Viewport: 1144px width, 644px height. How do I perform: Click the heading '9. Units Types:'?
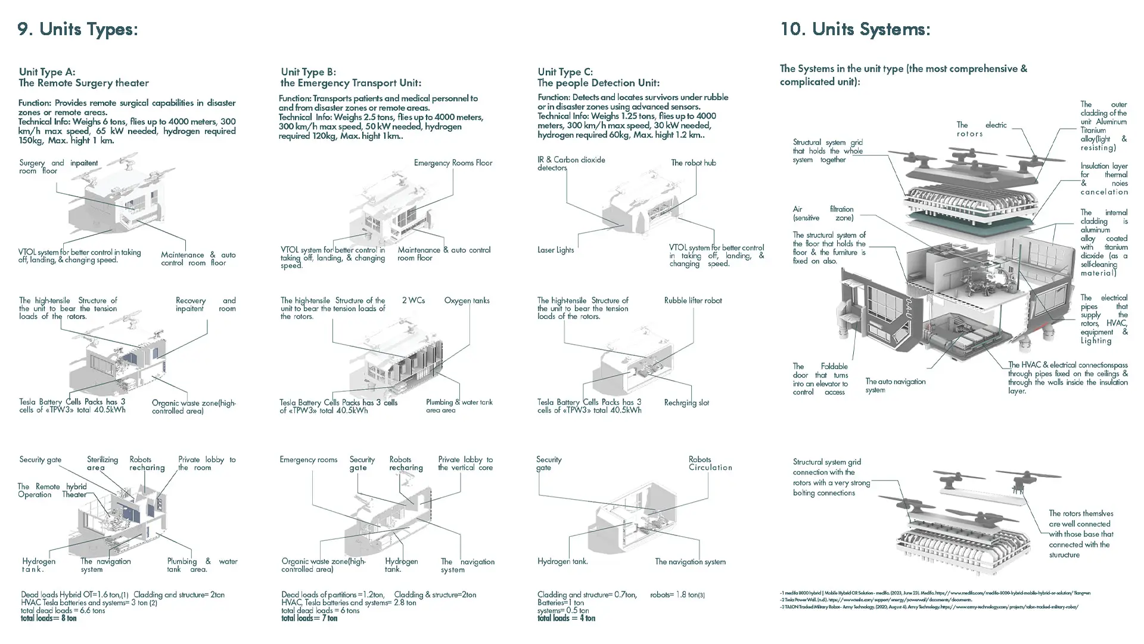tap(77, 29)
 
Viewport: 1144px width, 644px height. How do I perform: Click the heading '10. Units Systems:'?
tap(855, 29)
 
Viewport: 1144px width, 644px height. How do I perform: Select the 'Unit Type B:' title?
tap(308, 72)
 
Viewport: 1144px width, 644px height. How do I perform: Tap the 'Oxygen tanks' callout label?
tap(467, 301)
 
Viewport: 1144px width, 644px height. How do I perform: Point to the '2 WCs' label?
tap(413, 301)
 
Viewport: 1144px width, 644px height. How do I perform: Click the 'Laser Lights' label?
tap(555, 250)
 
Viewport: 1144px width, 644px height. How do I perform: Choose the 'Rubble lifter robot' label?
tap(692, 301)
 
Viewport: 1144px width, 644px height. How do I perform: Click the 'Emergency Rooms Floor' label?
tap(453, 163)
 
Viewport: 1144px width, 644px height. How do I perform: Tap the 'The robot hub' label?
tap(693, 163)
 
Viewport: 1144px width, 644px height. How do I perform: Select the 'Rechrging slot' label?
tap(686, 403)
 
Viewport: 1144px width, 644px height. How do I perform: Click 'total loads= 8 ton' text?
tap(49, 618)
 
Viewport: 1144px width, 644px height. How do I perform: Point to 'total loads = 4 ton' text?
tap(566, 618)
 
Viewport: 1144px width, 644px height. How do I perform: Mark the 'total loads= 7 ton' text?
tap(309, 618)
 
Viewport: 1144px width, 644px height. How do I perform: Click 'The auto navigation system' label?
tap(895, 385)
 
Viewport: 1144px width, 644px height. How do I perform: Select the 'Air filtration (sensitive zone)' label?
tap(823, 213)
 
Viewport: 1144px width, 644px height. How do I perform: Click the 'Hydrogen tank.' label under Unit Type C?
tap(562, 562)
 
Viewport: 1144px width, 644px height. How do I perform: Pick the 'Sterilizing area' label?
tap(102, 463)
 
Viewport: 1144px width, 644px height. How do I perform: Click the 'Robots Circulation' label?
tap(710, 463)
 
